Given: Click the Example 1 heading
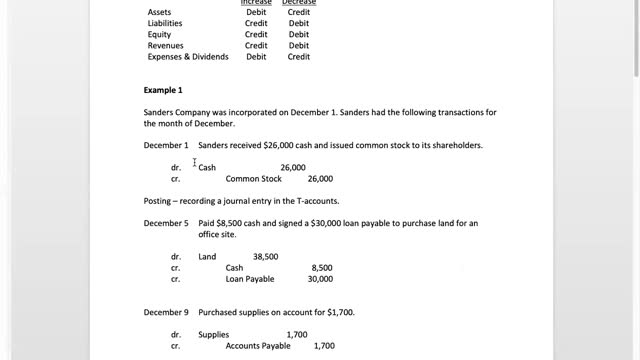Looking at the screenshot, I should [x=165, y=90].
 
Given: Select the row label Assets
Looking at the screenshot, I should [x=160, y=13].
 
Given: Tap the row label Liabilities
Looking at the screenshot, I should [x=165, y=24].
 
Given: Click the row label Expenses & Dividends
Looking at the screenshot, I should [x=188, y=57].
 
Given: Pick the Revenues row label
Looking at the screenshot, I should [x=165, y=46].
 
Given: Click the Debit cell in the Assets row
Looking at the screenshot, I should [x=256, y=13].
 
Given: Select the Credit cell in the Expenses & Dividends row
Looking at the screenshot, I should [x=299, y=57].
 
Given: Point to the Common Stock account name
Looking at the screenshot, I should [x=254, y=179].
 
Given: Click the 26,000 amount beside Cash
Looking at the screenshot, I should [x=293, y=168].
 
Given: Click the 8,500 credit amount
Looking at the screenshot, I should [x=322, y=268].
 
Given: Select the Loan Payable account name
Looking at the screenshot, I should [x=250, y=279].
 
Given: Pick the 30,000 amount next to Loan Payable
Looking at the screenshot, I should [x=320, y=279].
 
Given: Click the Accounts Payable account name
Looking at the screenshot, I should [x=258, y=346].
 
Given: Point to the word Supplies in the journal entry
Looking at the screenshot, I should [x=214, y=335].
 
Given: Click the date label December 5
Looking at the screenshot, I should [x=166, y=223].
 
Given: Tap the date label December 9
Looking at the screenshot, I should [x=166, y=312].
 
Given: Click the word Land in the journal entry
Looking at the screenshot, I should [x=207, y=257].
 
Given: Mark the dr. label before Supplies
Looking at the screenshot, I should [x=176, y=335].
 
